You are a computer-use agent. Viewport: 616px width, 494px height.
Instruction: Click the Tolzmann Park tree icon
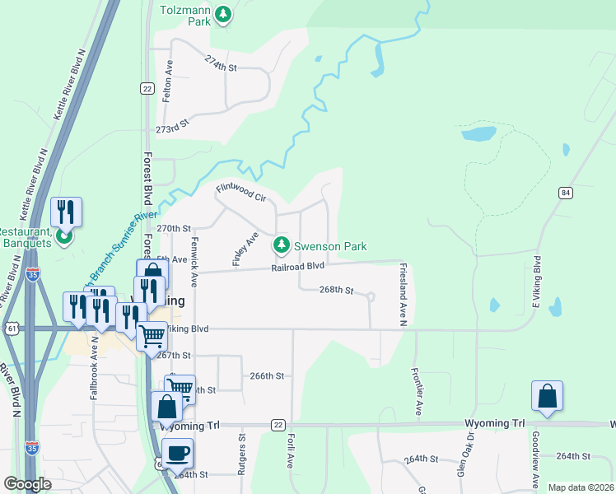(222, 14)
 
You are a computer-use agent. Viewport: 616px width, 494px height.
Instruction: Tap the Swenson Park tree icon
(282, 245)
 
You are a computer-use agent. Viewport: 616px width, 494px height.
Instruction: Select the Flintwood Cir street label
(240, 193)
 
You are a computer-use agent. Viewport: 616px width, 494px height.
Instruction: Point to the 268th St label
(336, 291)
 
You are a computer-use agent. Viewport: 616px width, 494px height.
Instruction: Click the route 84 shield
(565, 193)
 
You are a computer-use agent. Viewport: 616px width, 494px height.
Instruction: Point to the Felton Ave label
(168, 83)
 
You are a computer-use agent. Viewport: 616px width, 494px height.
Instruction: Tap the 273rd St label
(173, 130)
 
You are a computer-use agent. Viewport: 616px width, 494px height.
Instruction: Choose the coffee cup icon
(178, 452)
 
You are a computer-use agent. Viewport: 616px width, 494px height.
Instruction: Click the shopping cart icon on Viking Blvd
(152, 335)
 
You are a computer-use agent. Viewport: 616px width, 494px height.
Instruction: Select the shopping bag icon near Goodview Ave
(547, 396)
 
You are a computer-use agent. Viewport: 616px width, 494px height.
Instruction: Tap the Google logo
(27, 484)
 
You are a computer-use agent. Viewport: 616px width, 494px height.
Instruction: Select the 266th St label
(267, 375)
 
